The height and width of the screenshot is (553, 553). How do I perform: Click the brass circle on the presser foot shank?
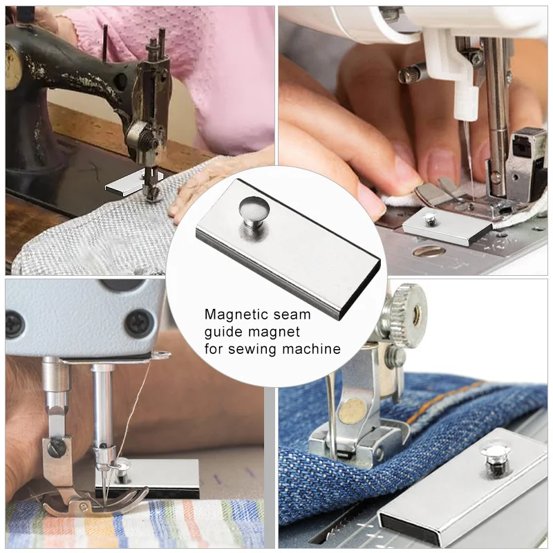tap(351, 411)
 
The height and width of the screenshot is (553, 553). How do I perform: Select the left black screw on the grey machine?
tap(15, 322)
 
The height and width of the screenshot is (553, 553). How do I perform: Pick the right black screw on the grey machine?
tap(140, 322)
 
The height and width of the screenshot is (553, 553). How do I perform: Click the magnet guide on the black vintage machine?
tap(124, 185)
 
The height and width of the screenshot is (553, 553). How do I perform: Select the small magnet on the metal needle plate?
tap(446, 225)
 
